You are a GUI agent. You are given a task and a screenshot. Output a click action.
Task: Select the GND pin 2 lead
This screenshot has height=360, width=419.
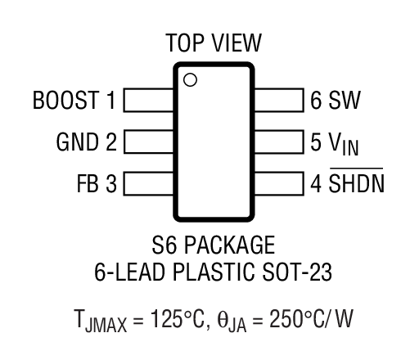(147, 141)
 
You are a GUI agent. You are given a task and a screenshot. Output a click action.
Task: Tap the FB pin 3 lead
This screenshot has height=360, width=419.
(147, 181)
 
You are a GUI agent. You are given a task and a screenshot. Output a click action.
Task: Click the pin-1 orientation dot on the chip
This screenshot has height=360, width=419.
(189, 79)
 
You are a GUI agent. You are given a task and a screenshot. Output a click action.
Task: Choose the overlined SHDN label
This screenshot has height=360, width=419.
(356, 182)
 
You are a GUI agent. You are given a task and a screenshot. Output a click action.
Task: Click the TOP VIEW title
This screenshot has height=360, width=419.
(214, 43)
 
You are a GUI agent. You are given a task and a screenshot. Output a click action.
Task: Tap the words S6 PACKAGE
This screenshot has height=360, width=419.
(213, 245)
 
